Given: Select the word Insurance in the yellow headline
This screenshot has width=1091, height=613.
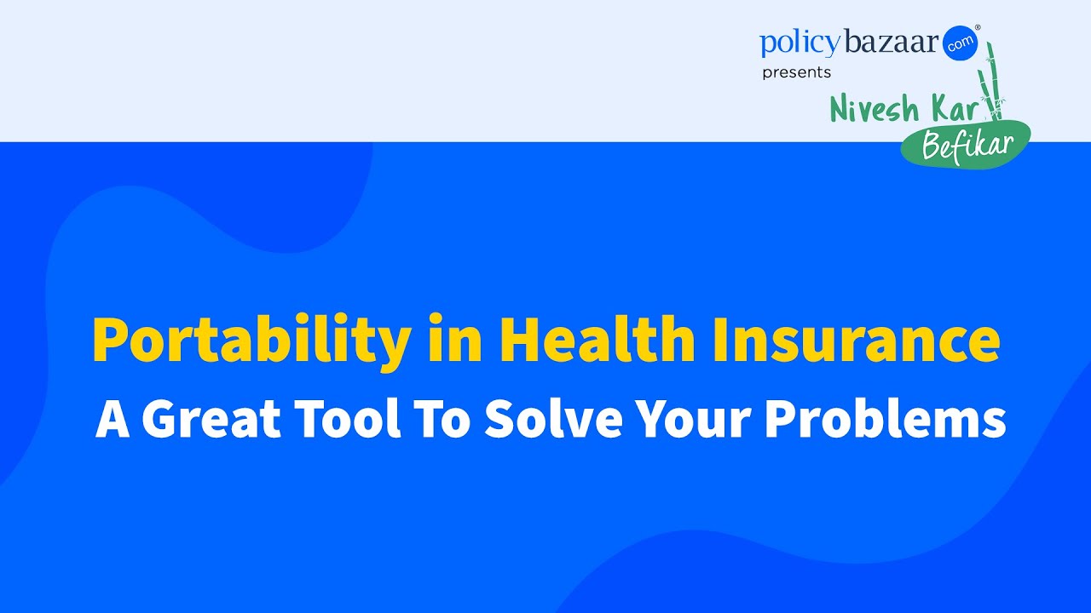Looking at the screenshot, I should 856,339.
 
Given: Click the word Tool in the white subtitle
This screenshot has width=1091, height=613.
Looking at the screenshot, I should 349,419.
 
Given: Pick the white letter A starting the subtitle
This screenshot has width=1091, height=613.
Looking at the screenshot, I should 113,419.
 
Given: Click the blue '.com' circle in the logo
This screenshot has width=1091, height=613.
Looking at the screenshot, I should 961,43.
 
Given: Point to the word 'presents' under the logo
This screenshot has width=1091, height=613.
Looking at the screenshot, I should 796,73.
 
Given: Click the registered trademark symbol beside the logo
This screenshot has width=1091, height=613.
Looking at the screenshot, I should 978,28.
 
